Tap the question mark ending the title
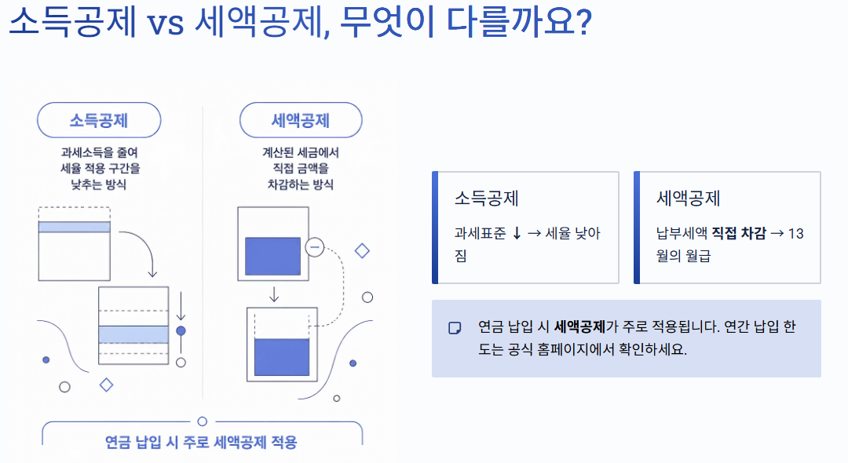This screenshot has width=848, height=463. [x=583, y=21]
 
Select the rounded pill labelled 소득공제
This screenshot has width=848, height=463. [x=99, y=120]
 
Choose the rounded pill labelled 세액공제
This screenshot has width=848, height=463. [x=301, y=120]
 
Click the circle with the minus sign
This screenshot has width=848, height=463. [x=315, y=247]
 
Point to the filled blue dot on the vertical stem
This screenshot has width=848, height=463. [x=181, y=330]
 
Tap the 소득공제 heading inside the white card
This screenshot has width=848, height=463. [x=487, y=199]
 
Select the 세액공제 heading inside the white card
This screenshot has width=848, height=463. [x=689, y=199]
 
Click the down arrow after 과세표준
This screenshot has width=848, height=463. [x=517, y=233]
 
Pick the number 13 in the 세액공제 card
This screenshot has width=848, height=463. [x=796, y=233]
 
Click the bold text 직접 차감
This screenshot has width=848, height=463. [x=739, y=233]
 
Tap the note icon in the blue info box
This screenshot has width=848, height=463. [x=455, y=328]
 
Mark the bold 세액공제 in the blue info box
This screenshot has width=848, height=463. [x=579, y=326]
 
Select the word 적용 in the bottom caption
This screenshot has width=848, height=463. [x=284, y=443]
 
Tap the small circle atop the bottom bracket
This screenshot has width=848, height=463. [x=203, y=421]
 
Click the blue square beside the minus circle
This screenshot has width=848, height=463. [x=272, y=256]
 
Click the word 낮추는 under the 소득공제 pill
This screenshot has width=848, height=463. [x=86, y=184]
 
